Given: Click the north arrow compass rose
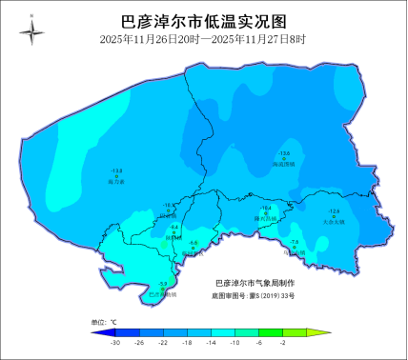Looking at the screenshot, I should click(31, 32).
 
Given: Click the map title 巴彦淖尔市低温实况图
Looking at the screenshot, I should click(203, 22).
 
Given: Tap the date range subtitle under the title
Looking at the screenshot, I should click(203, 39).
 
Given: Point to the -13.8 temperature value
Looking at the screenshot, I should click(116, 170).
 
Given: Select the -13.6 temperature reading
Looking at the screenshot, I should click(283, 153).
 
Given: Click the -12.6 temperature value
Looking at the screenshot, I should click(334, 210).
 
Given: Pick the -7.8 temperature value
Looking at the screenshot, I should click(295, 242).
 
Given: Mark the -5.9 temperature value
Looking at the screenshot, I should click(163, 284).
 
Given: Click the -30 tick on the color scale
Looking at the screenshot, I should click(115, 341).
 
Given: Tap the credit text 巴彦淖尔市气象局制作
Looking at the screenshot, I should click(255, 283).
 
